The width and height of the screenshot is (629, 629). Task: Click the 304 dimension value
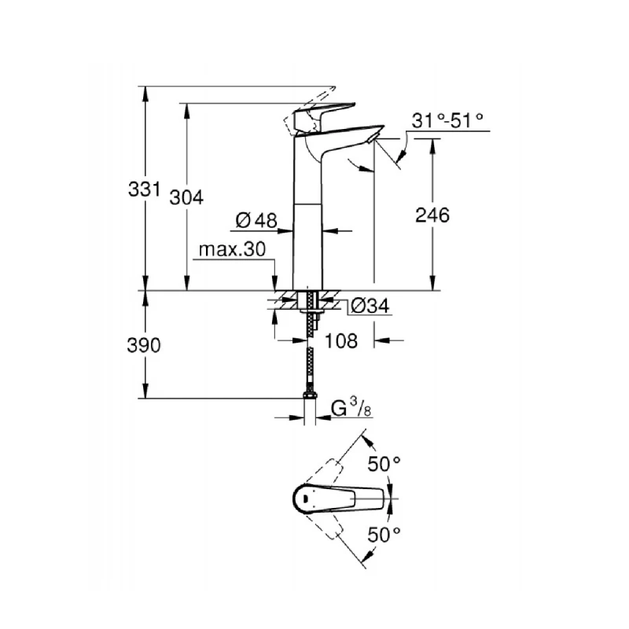click(x=186, y=197)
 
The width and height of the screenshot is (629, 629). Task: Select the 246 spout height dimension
click(x=433, y=215)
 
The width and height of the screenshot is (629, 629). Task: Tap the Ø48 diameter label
click(x=256, y=221)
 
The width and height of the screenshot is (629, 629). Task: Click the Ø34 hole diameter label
click(x=368, y=306)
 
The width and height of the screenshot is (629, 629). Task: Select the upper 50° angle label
click(x=386, y=465)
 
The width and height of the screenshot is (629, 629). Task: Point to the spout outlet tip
click(x=371, y=138)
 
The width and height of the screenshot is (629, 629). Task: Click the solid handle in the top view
click(x=346, y=497)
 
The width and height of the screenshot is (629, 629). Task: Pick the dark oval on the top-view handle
click(x=303, y=497)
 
